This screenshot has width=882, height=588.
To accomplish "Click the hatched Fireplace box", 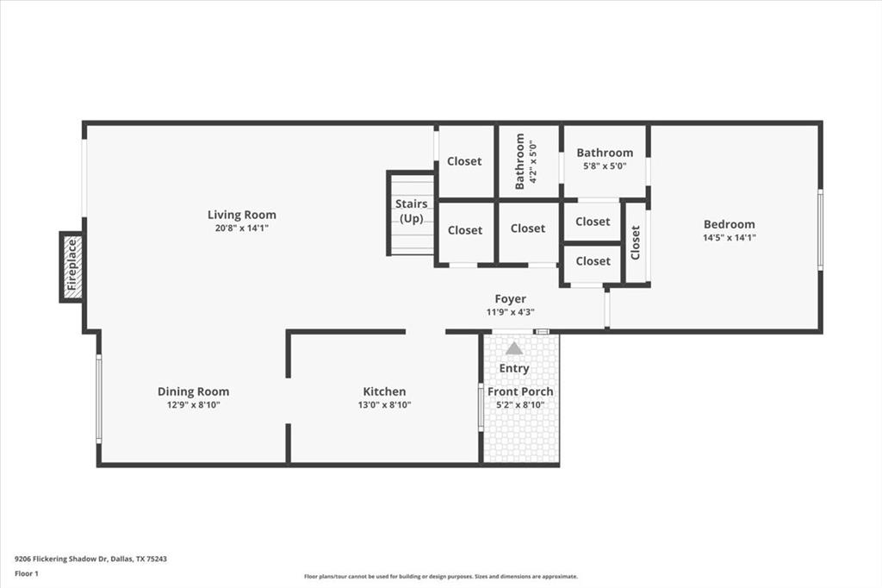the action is pos(72,267).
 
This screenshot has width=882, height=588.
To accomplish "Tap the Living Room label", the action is pos(242,215).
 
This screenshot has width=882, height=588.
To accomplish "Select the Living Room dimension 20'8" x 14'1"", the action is pos(242,228).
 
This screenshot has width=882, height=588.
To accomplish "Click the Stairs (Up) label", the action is pos(411,210).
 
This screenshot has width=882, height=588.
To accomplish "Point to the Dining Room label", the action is pos(194,391).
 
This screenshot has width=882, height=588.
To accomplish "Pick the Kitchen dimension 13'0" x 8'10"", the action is pos(385,405).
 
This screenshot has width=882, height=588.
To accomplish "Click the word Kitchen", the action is pos(385,391).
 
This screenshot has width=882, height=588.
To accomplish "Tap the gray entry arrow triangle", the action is pos(513,348).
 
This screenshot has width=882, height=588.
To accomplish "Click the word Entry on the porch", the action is pos(514,368).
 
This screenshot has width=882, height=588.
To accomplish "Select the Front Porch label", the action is pos(520,391).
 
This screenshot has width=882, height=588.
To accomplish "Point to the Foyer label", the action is pos(511,299).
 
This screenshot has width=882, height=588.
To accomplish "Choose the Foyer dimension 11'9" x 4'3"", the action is pos(511,312).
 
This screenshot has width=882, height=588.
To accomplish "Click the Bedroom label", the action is pos(730,224).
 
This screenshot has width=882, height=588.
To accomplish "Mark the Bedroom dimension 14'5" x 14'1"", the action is pos(730,238).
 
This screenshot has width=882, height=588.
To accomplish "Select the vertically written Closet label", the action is pos(636,243).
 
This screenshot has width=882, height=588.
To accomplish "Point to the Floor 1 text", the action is pos(27,574).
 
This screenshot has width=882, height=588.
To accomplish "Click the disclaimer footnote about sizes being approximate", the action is pos(441,577).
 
